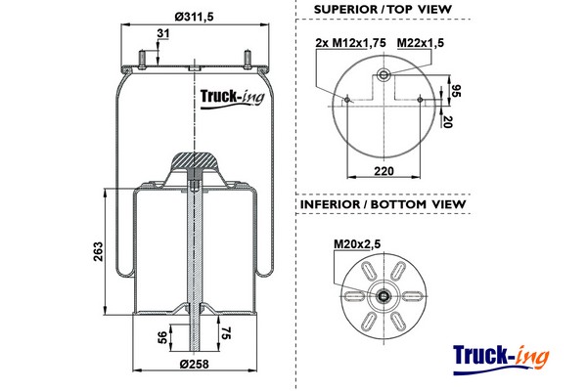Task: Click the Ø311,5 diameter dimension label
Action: click(x=193, y=17)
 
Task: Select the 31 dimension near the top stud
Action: click(x=162, y=35)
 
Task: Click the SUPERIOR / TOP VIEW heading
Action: click(x=383, y=10)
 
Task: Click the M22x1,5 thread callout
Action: click(x=423, y=43)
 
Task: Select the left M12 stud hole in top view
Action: click(x=348, y=97)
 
